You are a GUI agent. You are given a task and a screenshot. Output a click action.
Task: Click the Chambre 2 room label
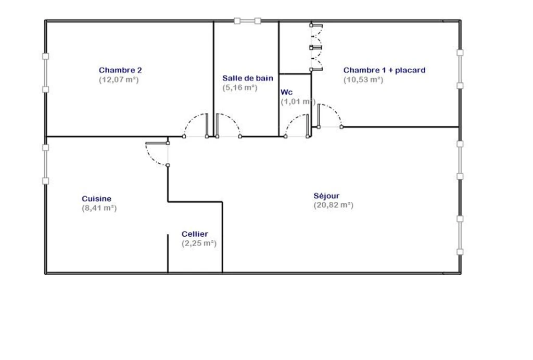point(120,70)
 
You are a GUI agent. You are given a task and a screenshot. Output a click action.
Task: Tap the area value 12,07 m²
point(119,80)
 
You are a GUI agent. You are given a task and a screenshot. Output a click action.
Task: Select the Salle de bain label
point(248,79)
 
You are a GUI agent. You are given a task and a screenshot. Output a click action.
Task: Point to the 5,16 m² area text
point(240,87)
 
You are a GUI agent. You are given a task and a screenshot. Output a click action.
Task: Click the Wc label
point(287,93)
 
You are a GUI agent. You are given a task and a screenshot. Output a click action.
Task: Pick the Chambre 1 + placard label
point(385,70)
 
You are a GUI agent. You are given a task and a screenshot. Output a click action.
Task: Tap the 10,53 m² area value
point(363,80)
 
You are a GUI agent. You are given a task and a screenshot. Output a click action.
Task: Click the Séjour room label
point(326,196)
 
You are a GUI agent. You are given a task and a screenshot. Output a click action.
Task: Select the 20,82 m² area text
point(334,205)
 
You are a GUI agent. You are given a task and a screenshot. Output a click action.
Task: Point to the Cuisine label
point(96,199)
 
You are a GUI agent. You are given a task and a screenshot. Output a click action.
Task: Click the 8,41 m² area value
point(99,208)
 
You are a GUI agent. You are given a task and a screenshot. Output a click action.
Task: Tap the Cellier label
point(195,234)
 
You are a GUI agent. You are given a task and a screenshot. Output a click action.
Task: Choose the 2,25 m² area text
point(199,243)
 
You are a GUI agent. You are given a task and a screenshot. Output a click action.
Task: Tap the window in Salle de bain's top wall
point(247,21)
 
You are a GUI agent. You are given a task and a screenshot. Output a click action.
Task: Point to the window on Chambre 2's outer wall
point(46,73)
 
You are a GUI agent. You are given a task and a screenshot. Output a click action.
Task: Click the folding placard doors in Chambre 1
point(316,47)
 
